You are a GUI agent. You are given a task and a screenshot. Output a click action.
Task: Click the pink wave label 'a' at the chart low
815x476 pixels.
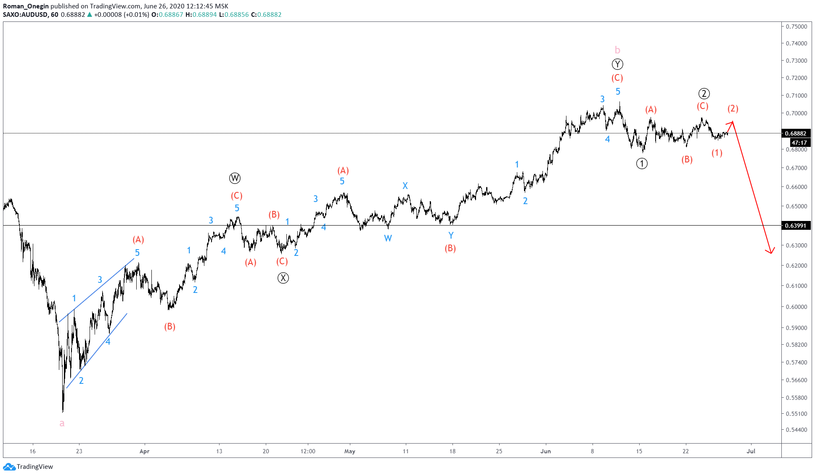[x=62, y=423]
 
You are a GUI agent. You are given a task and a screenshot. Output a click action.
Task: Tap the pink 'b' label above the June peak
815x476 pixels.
[x=617, y=50]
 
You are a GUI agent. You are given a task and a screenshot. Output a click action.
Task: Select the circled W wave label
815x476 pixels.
[x=235, y=178]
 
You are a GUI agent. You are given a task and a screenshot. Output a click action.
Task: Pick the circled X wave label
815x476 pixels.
[x=283, y=278]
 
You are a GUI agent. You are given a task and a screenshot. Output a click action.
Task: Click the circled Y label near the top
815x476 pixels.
[x=617, y=64]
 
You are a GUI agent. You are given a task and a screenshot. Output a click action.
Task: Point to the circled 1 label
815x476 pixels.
[x=642, y=164]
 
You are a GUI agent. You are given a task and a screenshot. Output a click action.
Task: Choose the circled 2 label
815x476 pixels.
[x=704, y=93]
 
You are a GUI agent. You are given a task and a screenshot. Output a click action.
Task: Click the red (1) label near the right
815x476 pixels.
[x=717, y=153]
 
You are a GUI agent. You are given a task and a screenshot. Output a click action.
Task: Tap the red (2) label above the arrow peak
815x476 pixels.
[x=733, y=109]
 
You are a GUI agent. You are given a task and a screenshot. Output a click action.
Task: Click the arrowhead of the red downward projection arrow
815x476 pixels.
[x=770, y=252]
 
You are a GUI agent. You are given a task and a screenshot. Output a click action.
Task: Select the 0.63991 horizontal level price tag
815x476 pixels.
[x=796, y=226]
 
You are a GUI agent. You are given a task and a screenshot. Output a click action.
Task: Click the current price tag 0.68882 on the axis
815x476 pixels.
[x=796, y=133]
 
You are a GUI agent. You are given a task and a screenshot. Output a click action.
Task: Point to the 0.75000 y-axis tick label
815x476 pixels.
[x=796, y=27]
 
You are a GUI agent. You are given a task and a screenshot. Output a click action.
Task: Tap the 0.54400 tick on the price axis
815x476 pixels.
[x=796, y=430]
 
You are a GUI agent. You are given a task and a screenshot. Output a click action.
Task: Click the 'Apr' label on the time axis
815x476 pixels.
[x=144, y=451]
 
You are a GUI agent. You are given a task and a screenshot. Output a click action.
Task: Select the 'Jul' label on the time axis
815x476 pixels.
[x=751, y=451]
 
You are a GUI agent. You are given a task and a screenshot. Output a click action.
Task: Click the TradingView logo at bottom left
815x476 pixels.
[x=28, y=466]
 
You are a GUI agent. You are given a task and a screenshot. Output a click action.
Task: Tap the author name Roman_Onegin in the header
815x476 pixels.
[x=26, y=6]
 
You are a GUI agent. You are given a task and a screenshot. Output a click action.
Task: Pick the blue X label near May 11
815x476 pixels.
[x=405, y=186]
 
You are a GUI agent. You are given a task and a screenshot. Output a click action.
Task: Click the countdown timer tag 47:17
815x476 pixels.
[x=799, y=143]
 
